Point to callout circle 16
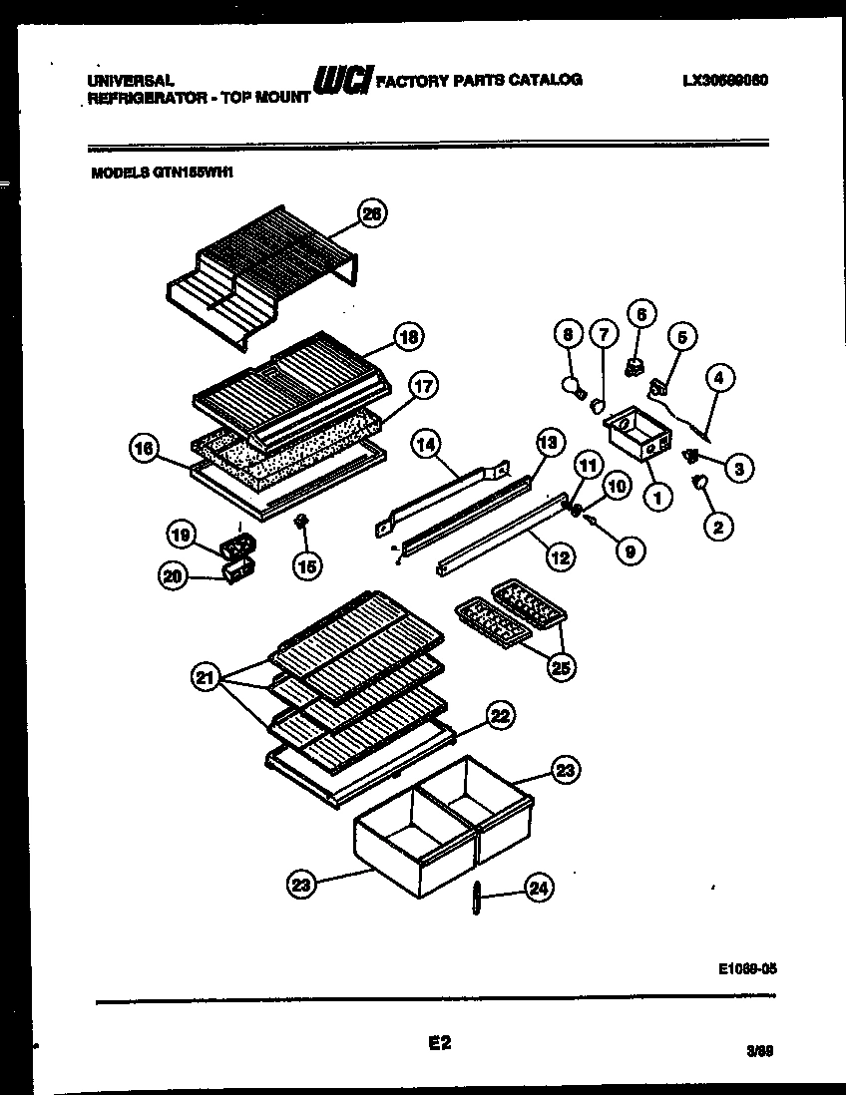tap(146, 451)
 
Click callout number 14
tap(425, 448)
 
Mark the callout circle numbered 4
tap(719, 377)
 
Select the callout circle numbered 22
tap(501, 714)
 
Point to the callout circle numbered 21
tap(206, 679)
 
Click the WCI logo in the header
tap(342, 80)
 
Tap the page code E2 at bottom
tap(440, 1043)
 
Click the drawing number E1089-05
tap(746, 966)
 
